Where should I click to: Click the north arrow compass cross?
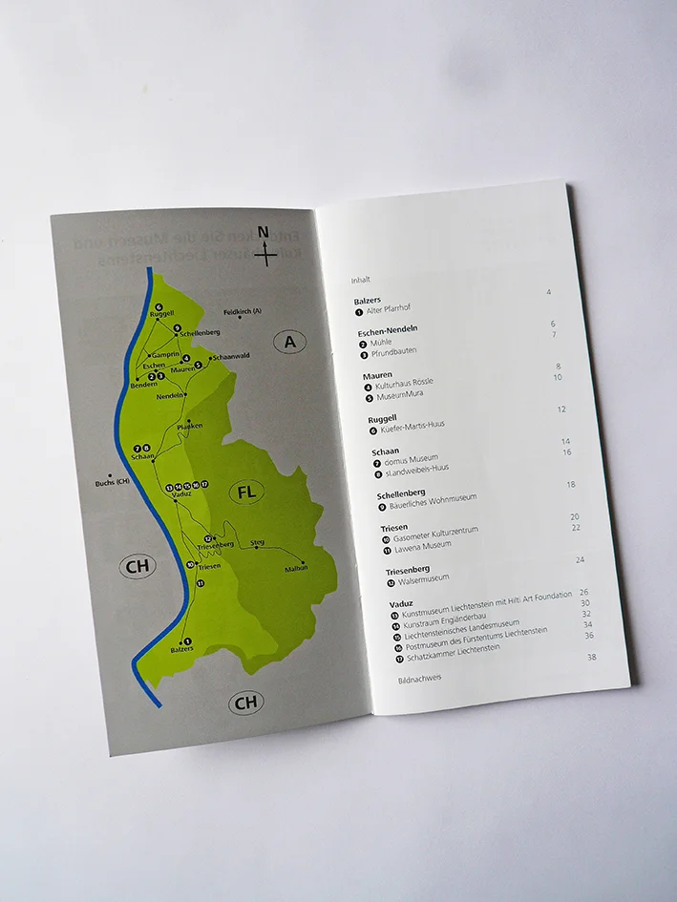265,254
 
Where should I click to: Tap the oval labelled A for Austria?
289,342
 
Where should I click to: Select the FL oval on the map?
246,493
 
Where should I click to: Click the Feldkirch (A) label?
243,312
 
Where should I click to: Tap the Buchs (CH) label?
112,482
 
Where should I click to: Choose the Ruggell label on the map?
160,314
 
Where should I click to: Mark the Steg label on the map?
256,543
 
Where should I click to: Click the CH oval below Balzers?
246,703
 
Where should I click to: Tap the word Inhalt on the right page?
360,280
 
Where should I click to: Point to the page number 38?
592,658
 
